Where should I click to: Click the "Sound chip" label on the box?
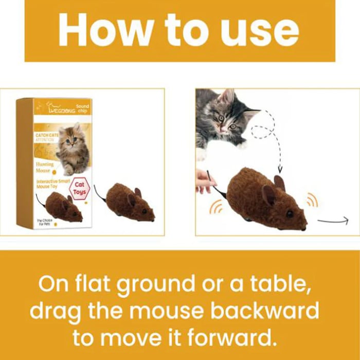[82, 109]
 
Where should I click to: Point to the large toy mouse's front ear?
[268, 195]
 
